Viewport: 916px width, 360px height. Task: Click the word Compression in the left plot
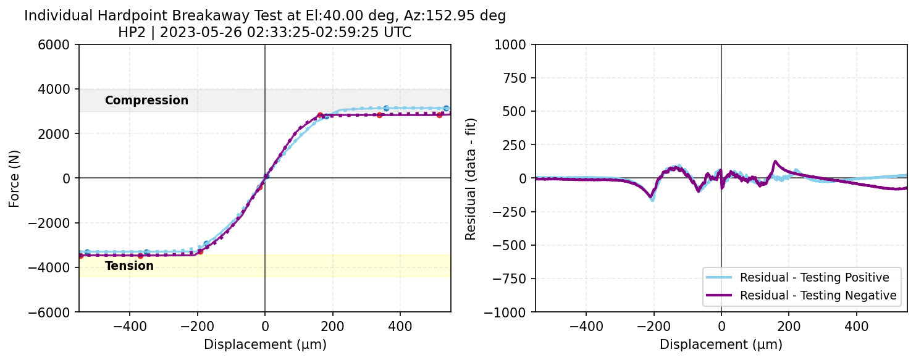point(146,100)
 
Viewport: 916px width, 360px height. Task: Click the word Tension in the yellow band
point(129,266)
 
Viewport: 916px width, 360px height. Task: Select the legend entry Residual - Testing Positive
point(814,277)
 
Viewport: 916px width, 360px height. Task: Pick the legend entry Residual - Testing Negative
point(818,296)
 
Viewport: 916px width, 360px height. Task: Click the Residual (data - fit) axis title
point(470,178)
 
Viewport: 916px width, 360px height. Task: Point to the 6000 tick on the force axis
point(61,44)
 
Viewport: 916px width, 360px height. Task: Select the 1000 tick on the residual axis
point(516,44)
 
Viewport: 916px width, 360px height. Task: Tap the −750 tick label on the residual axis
point(513,278)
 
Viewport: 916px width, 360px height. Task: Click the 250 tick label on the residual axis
point(519,145)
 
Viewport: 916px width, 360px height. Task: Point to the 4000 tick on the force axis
point(61,89)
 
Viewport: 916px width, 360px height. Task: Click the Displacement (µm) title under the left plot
point(265,345)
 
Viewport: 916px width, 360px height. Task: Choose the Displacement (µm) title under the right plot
point(721,345)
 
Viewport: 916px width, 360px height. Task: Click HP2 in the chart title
point(132,32)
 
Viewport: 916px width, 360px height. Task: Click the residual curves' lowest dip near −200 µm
point(652,199)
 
